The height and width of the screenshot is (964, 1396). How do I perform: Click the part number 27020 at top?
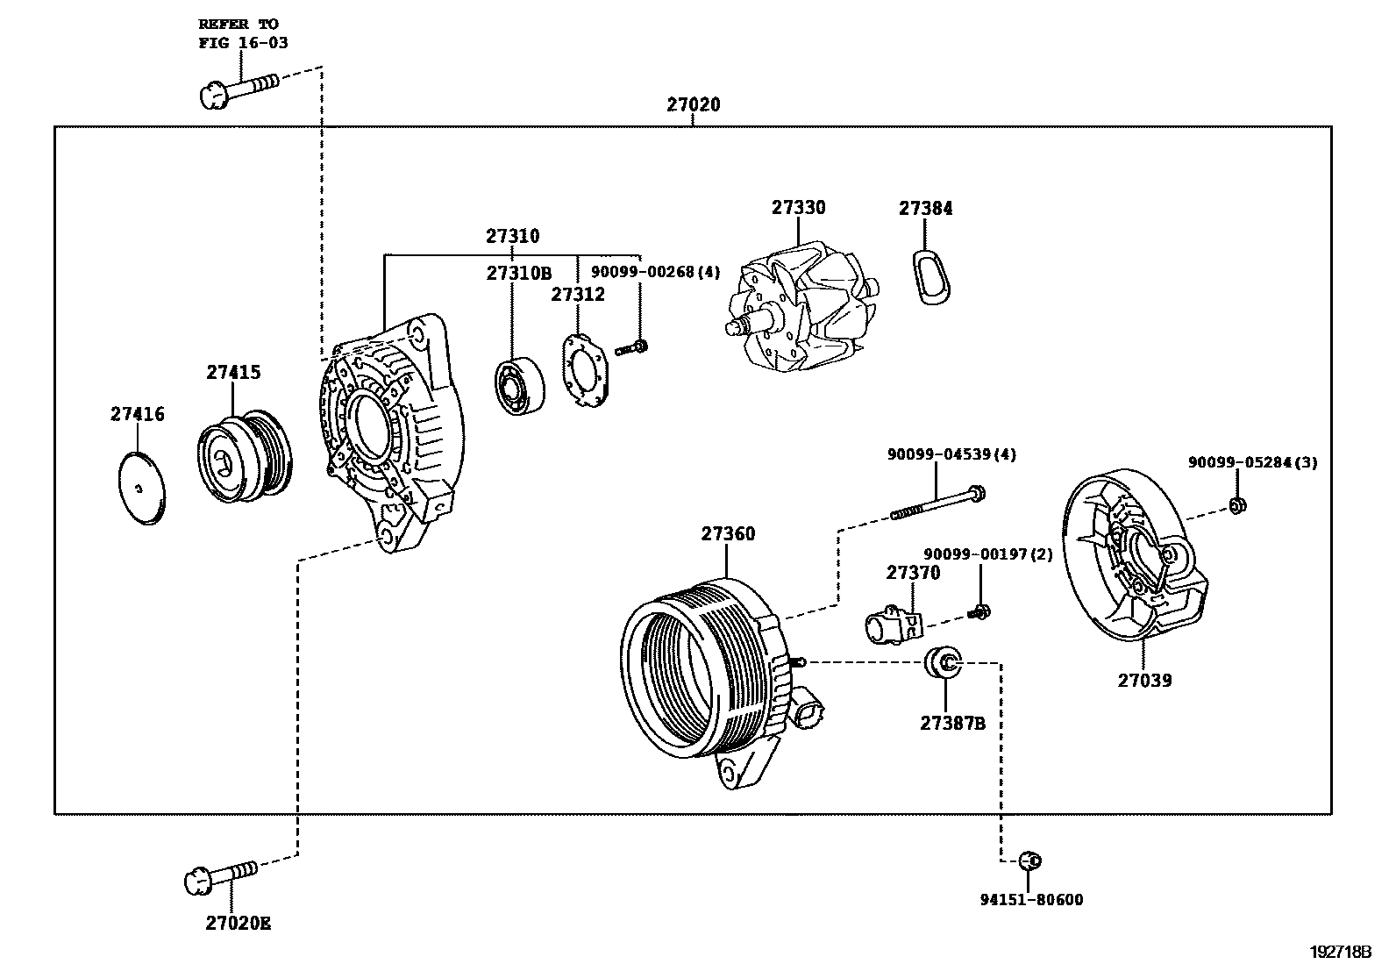pyautogui.click(x=693, y=104)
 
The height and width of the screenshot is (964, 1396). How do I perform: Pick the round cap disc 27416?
pyautogui.click(x=142, y=488)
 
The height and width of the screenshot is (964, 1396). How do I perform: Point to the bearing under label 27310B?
pyautogui.click(x=519, y=387)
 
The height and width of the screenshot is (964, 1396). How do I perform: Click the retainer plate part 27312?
pyautogui.click(x=585, y=372)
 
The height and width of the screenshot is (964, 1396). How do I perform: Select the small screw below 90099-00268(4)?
pyautogui.click(x=632, y=348)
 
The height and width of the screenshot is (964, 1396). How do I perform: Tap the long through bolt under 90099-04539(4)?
pyautogui.click(x=938, y=503)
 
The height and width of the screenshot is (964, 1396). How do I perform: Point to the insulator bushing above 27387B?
pyautogui.click(x=944, y=662)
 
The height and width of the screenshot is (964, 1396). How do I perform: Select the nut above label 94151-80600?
pyautogui.click(x=1031, y=860)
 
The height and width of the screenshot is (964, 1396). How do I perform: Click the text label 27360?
pyautogui.click(x=728, y=533)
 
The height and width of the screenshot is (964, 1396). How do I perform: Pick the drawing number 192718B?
pyautogui.click(x=1341, y=951)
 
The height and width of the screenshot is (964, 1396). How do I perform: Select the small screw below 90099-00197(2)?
pyautogui.click(x=978, y=611)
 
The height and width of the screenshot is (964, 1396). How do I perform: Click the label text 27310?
pyautogui.click(x=513, y=236)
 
